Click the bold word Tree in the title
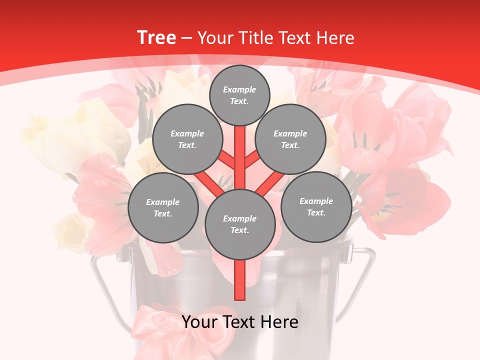(x=156, y=37)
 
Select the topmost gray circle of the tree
(x=239, y=95)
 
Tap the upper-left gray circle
(x=187, y=139)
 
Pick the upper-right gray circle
(x=290, y=139)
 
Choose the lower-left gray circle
(x=163, y=207)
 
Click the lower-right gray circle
(x=316, y=206)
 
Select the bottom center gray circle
(x=239, y=224)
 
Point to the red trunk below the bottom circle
(x=240, y=280)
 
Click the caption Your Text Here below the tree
(x=240, y=322)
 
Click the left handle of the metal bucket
(x=102, y=285)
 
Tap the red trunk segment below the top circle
(x=240, y=150)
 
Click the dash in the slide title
(x=187, y=38)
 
